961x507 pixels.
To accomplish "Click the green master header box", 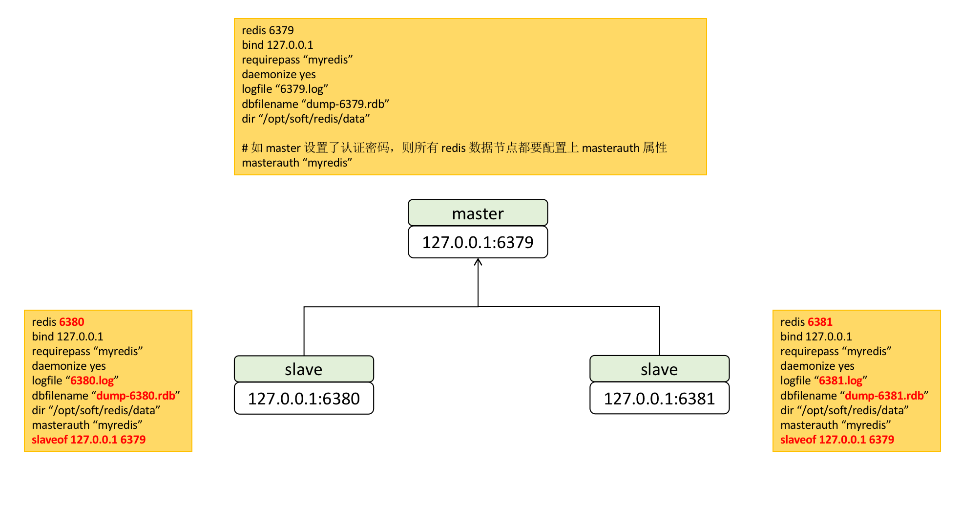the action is [x=478, y=212].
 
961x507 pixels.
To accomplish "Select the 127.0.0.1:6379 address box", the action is [x=478, y=242].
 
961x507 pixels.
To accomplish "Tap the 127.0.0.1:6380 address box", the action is [x=304, y=398].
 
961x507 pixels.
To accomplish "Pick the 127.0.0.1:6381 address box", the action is [x=659, y=398].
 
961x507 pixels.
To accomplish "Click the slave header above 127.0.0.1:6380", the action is [x=304, y=369].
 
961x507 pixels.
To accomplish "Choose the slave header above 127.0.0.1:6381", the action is [x=659, y=369].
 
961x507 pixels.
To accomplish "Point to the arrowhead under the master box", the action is [x=478, y=262].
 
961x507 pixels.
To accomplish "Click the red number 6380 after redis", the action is [x=71, y=322].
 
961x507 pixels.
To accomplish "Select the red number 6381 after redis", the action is [x=820, y=322].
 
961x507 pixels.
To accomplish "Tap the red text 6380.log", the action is [x=92, y=380].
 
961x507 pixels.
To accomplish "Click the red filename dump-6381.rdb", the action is [x=884, y=395].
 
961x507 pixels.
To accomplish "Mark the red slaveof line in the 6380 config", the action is [x=89, y=440].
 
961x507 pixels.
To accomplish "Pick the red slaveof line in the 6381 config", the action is [x=837, y=440].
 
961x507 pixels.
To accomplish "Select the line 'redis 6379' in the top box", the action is [x=268, y=30].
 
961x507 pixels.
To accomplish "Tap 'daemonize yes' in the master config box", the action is [x=279, y=74].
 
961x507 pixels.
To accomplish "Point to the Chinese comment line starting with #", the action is [x=454, y=148].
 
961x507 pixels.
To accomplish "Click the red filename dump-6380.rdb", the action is [x=136, y=395].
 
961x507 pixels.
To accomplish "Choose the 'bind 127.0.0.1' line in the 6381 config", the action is [x=816, y=337].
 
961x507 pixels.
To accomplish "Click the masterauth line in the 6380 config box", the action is [x=87, y=425].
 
